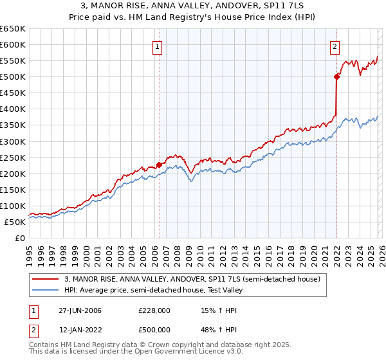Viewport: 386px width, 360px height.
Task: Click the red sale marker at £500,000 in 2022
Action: pos(336,76)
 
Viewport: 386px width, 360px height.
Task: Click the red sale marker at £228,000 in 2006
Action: pos(159,164)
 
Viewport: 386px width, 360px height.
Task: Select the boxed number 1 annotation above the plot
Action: pos(158,46)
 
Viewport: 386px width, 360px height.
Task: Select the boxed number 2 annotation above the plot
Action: pos(335,46)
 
